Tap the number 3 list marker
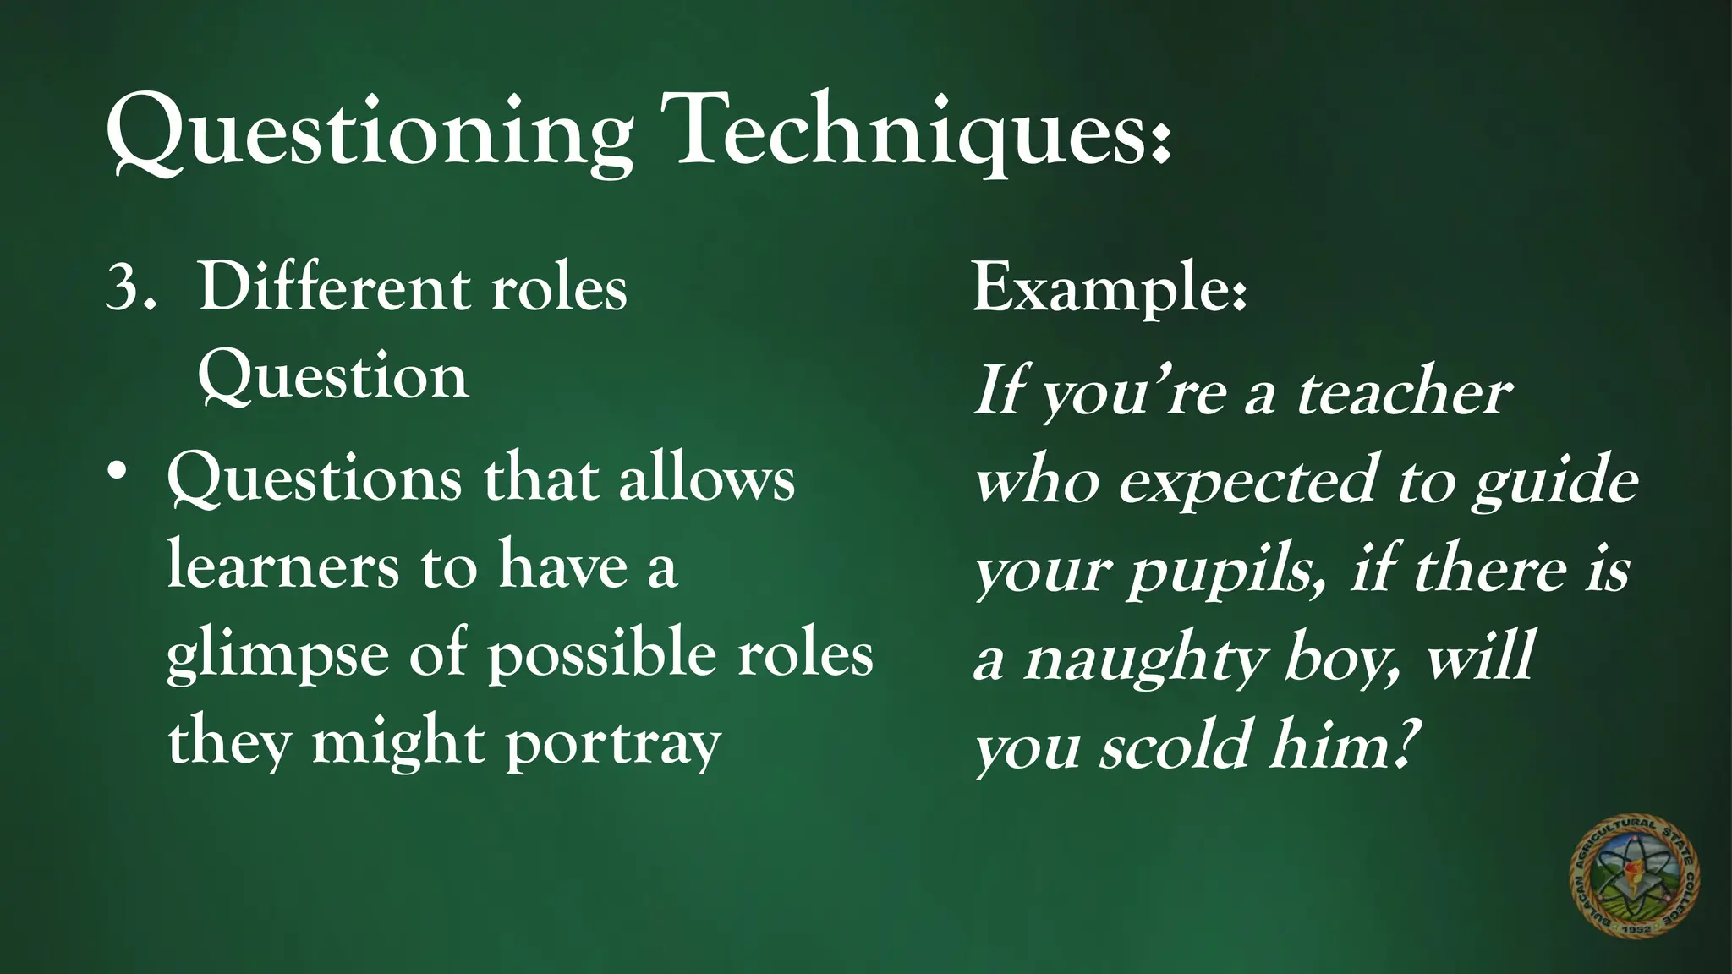pyautogui.click(x=124, y=287)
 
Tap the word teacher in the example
pyautogui.click(x=1404, y=393)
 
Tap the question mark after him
pyautogui.click(x=1400, y=744)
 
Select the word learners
pyautogui.click(x=282, y=566)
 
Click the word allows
pyautogui.click(x=707, y=479)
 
